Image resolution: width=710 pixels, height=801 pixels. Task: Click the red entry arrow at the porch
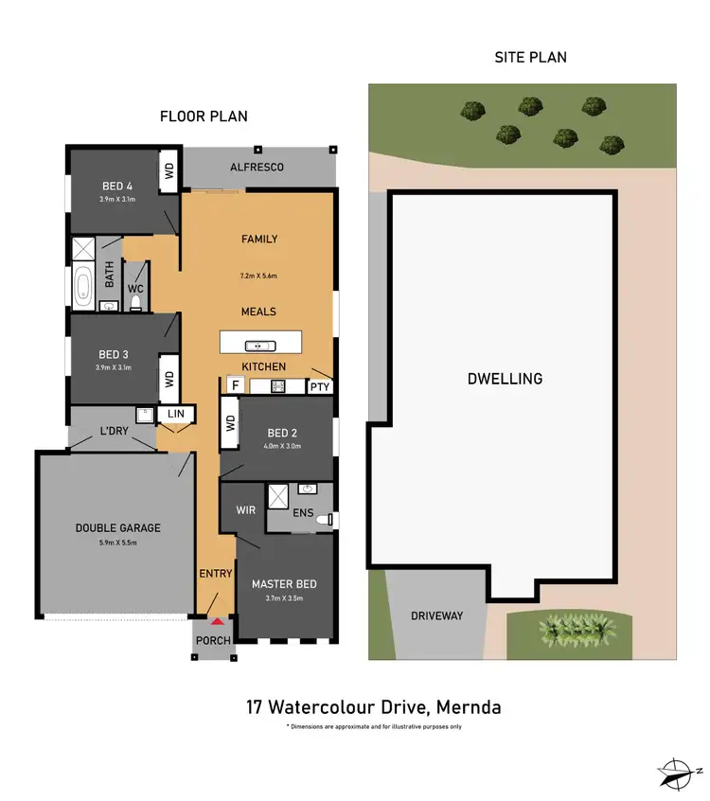[x=217, y=621]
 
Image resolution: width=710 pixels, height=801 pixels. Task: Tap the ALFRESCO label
[x=257, y=167]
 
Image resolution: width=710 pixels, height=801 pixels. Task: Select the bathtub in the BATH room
[x=83, y=287]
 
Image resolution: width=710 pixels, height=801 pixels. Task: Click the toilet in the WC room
[x=135, y=303]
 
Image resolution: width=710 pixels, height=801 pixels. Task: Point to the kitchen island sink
[x=254, y=345]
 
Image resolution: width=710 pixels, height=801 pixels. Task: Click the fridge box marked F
[x=234, y=385]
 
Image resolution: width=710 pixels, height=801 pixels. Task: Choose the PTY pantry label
[x=320, y=386]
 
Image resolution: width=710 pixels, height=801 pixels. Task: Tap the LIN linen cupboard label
[x=176, y=415]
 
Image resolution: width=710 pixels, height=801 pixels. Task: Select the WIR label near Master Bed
[x=244, y=510]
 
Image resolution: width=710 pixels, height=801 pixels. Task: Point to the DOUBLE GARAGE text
[x=118, y=528]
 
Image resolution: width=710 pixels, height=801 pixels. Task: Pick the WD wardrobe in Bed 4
[x=170, y=171]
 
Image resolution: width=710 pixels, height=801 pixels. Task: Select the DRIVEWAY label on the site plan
[x=437, y=615]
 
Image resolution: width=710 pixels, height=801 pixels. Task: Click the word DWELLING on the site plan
[x=505, y=379]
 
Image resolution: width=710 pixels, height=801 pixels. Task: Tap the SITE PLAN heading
[x=530, y=58]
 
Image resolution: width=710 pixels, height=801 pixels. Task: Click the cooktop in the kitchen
[x=279, y=385]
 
